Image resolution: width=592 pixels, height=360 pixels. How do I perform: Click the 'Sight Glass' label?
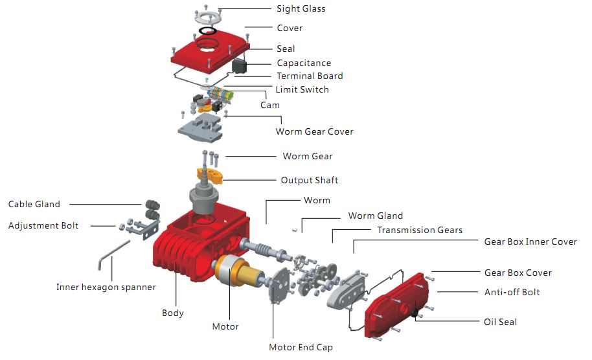pyautogui.click(x=301, y=9)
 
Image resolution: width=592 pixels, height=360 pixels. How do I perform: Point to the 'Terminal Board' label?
pyautogui.click(x=310, y=76)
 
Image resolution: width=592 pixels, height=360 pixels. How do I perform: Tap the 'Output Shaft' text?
pyautogui.click(x=309, y=180)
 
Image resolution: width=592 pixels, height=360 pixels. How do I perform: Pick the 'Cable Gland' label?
pyautogui.click(x=34, y=204)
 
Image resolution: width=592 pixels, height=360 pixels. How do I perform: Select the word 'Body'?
pyautogui.click(x=173, y=313)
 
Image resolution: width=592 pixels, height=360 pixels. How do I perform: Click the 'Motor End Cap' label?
pyautogui.click(x=301, y=347)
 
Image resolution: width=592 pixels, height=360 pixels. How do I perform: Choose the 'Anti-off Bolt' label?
pyautogui.click(x=512, y=292)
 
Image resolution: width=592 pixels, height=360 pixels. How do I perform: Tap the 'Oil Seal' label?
pyautogui.click(x=500, y=322)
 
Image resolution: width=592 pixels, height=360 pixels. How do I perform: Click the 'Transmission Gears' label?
pyautogui.click(x=420, y=230)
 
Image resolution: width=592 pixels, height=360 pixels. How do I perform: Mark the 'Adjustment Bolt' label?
pyautogui.click(x=43, y=225)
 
